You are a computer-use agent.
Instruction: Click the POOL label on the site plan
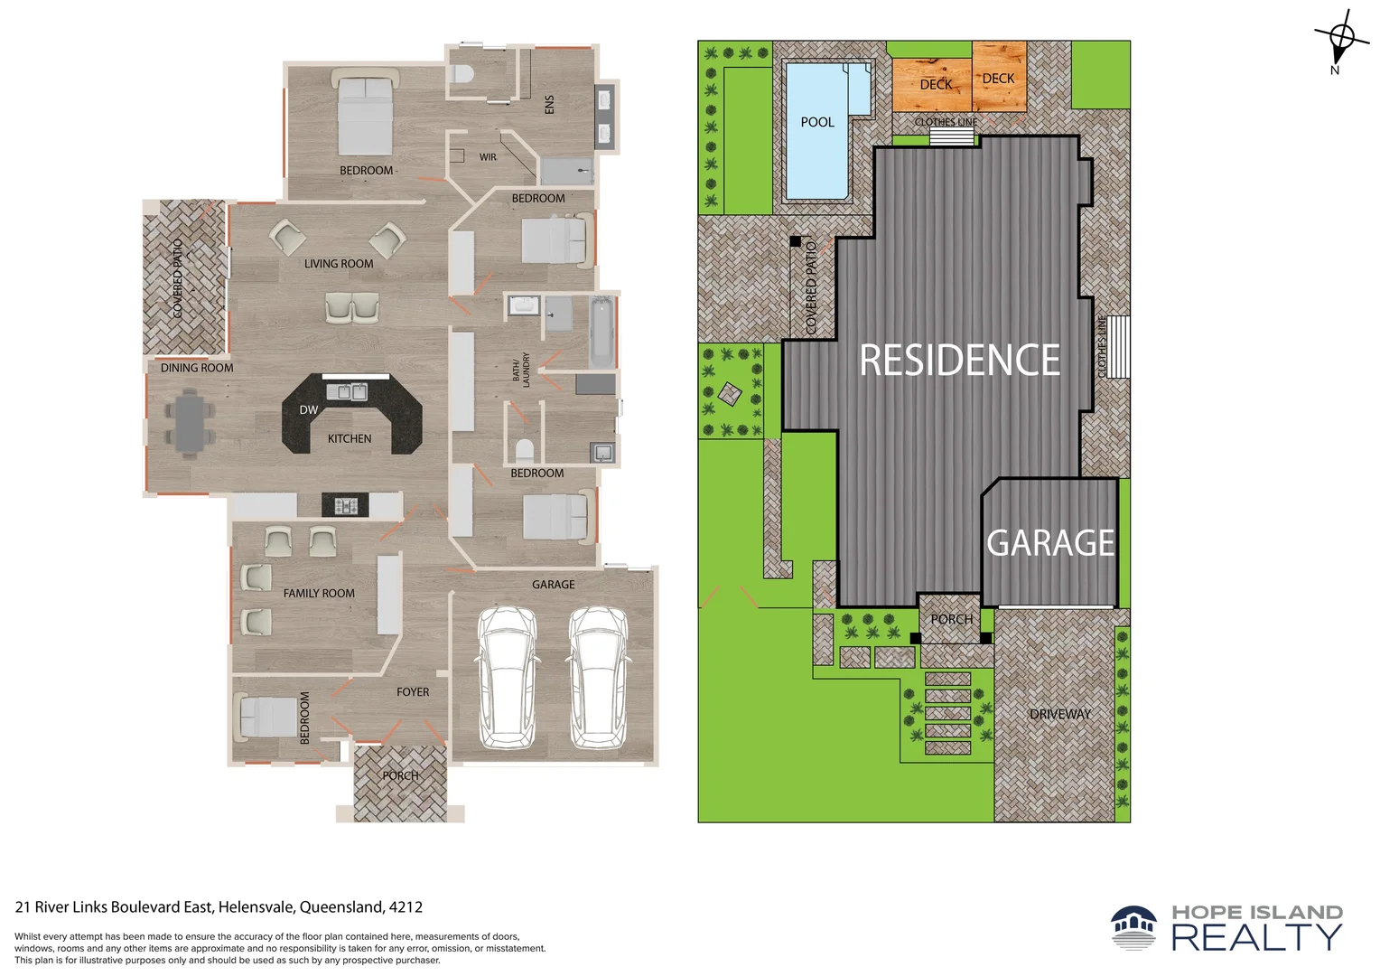pos(817,122)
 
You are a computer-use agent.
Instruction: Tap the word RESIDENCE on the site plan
pos(959,360)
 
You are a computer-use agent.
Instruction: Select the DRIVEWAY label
pos(1060,714)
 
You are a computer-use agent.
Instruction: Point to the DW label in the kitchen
pos(308,410)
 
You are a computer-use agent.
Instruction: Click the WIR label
pos(488,157)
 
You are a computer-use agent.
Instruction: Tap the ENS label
pos(549,104)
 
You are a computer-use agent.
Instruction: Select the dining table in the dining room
pos(190,423)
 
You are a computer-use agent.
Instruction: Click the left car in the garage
pos(508,677)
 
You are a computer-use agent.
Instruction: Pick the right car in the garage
pos(597,677)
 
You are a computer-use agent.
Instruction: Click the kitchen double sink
pos(347,391)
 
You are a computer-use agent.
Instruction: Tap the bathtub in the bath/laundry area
pos(602,331)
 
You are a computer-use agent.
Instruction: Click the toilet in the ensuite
pos(462,75)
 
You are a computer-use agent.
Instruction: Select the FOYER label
pos(412,691)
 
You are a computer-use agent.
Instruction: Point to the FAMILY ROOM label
pos(319,593)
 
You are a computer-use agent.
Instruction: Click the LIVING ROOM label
pos(338,264)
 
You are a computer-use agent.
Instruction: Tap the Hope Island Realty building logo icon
pos(1133,926)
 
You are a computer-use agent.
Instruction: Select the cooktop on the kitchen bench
pos(346,505)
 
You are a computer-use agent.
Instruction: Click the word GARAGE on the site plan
pos(1050,543)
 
